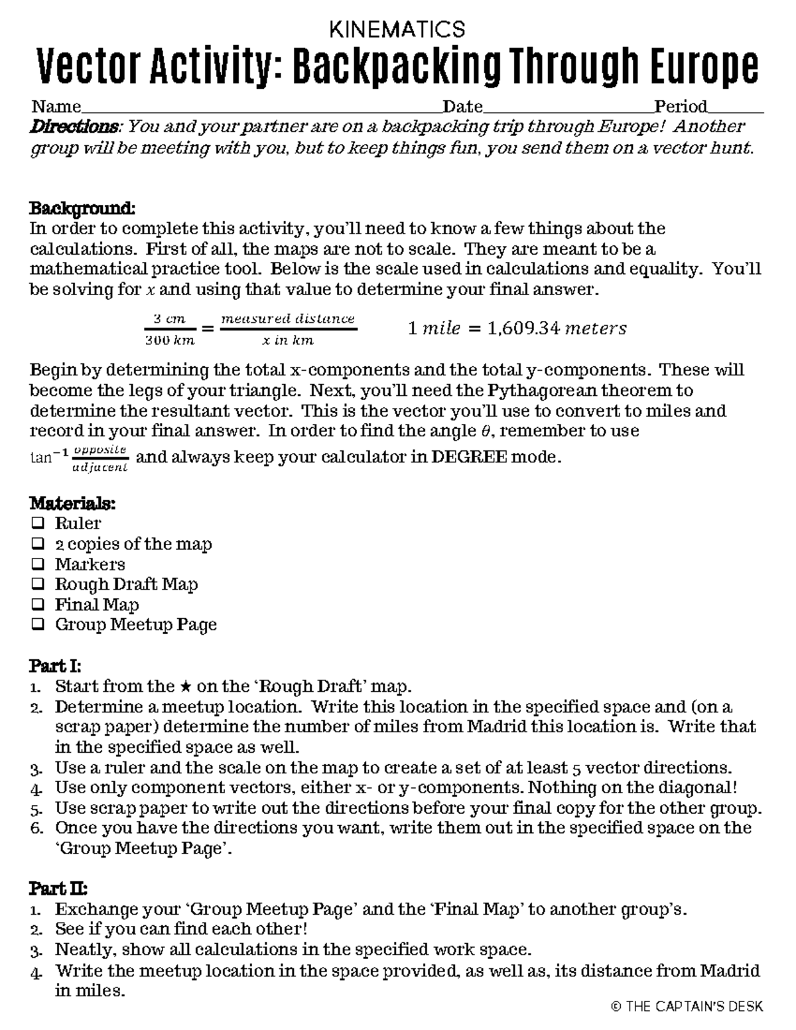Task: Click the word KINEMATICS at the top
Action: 397,29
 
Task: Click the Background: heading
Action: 82,208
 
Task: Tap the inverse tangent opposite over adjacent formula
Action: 80,458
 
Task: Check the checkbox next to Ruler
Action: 38,523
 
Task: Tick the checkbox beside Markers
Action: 38,564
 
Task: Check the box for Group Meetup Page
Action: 38,625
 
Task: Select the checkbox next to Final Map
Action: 38,604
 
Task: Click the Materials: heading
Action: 72,503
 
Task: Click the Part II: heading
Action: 58,888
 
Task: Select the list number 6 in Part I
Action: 37,828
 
